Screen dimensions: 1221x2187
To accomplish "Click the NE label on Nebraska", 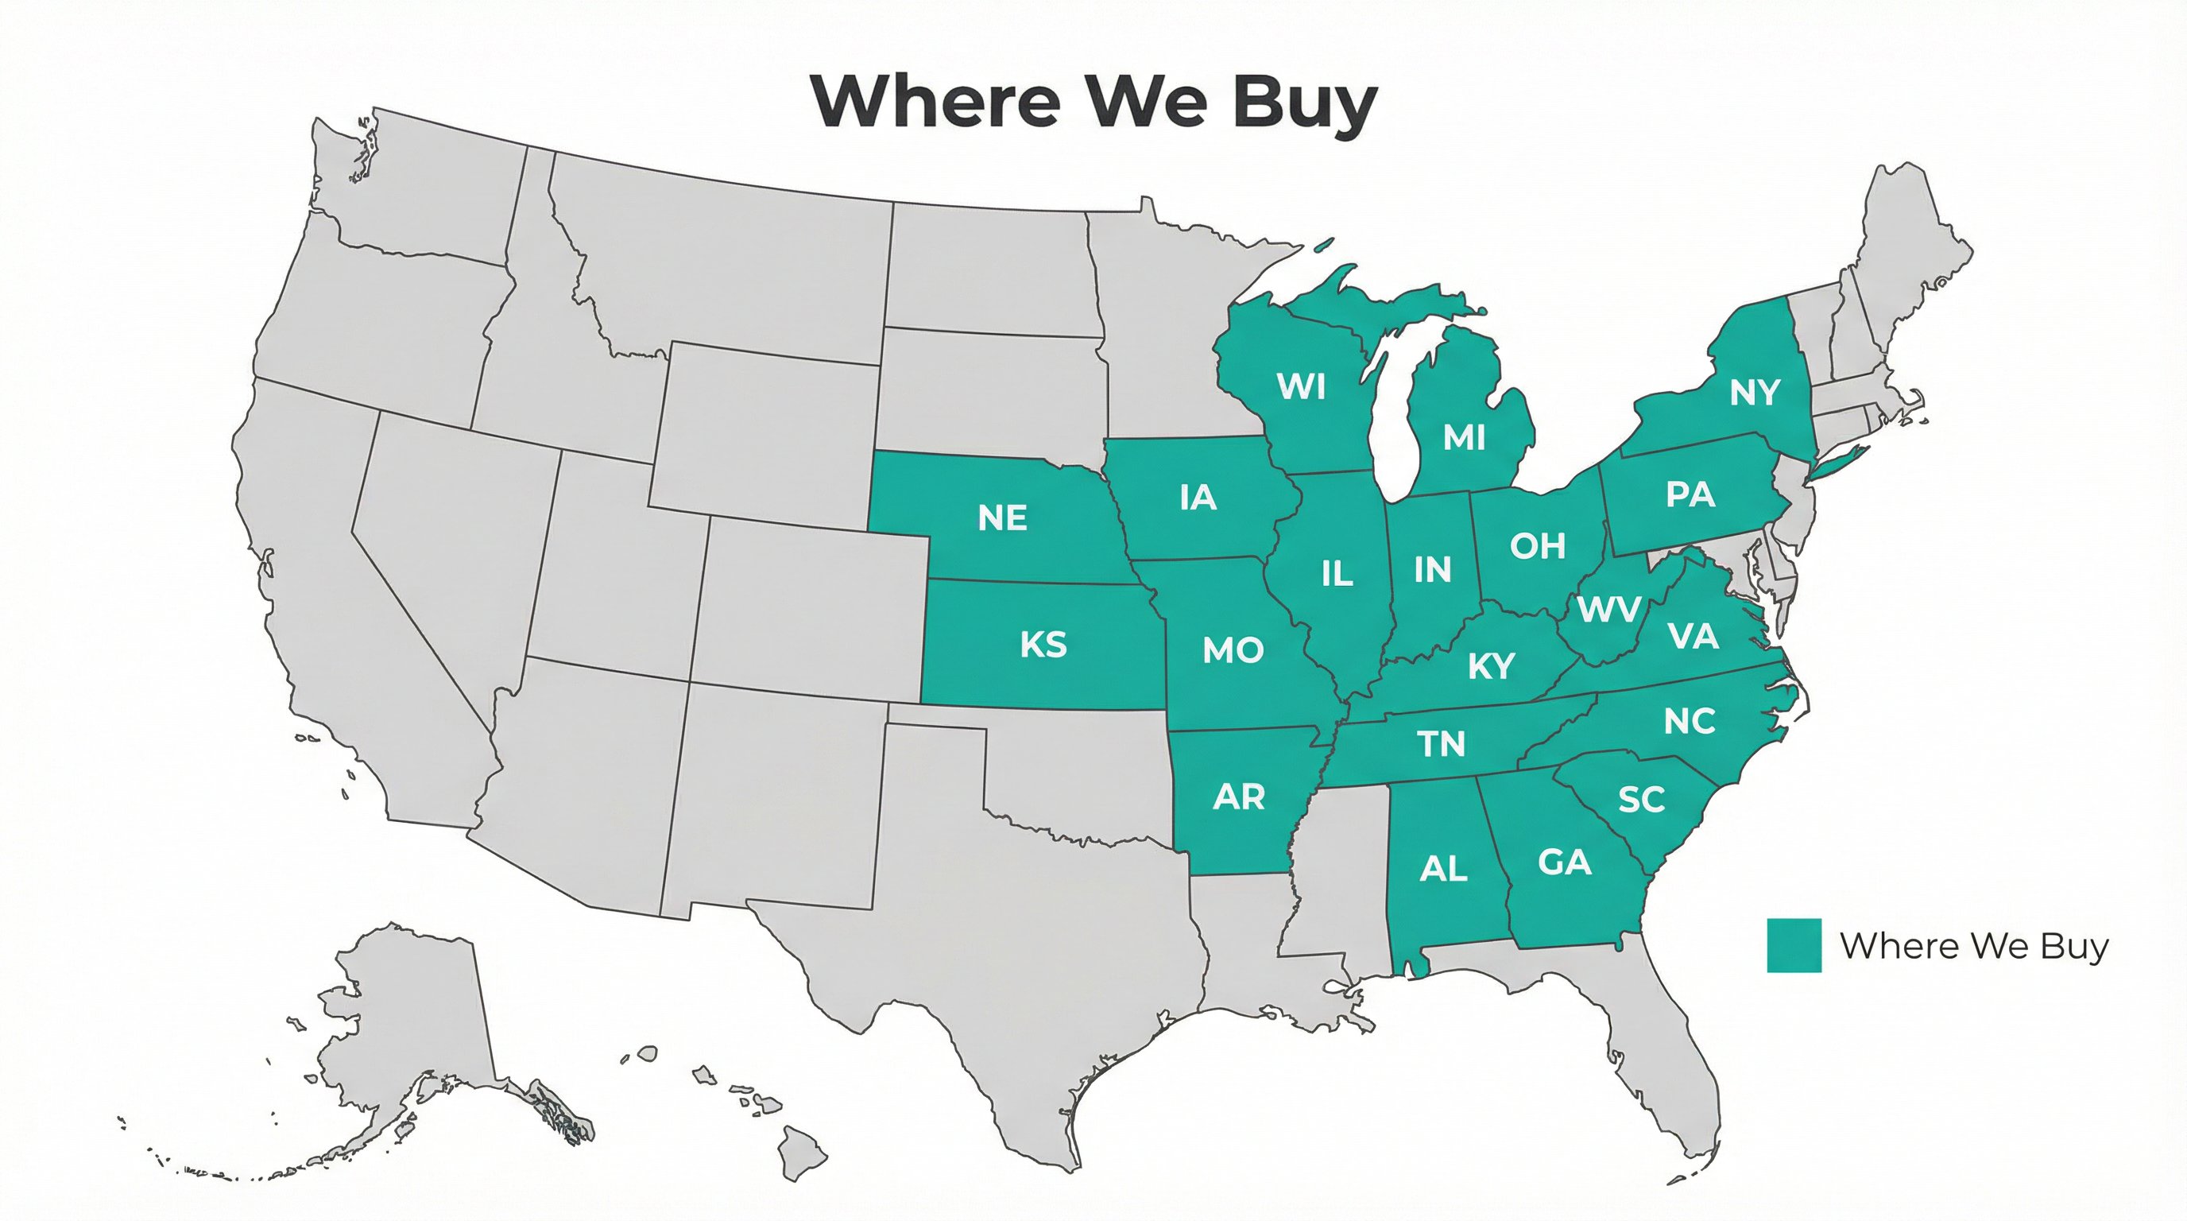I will point(1003,518).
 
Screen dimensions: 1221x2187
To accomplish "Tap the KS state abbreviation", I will point(1043,645).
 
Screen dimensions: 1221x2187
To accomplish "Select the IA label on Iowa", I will point(1198,498).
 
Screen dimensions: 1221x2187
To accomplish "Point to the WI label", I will point(1302,386).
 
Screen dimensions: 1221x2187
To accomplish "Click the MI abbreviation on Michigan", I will point(1464,437).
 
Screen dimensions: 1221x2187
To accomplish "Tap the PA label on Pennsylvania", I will point(1690,494).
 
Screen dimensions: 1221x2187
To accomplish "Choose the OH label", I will point(1538,546).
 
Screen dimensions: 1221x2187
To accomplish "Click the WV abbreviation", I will point(1608,609).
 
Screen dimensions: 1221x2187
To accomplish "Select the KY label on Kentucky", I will point(1491,666).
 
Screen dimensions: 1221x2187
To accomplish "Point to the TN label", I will point(1442,745).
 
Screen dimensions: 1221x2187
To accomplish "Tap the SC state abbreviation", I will point(1641,799).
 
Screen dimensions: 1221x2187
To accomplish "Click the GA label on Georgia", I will point(1564,862).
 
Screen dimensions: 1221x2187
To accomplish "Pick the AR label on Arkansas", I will point(1240,797).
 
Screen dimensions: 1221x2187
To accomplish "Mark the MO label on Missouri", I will point(1233,650).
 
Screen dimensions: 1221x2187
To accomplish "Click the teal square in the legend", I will point(1794,945).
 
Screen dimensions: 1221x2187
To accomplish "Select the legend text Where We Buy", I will point(1974,946).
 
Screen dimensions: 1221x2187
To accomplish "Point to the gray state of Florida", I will point(1664,1053).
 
